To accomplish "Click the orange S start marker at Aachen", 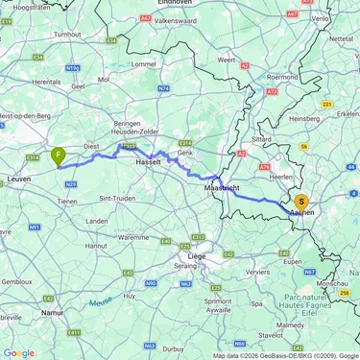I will tap(301, 203).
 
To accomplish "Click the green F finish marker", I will tap(59, 155).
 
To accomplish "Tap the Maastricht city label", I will tap(220, 187).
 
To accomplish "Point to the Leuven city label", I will tap(18, 179).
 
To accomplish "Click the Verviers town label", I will tap(257, 272).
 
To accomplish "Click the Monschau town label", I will tap(330, 285).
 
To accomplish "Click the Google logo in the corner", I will tap(19, 352).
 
